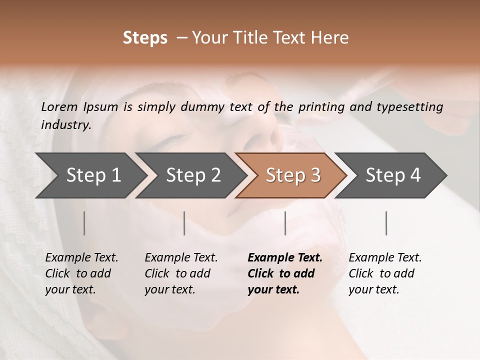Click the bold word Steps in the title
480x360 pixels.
[145, 38]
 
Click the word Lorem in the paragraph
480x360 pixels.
[59, 106]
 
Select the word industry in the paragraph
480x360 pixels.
[65, 125]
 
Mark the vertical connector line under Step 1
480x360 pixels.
[84, 223]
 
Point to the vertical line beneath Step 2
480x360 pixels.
[184, 223]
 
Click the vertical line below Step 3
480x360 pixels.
[285, 223]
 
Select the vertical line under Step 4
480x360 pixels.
[386, 223]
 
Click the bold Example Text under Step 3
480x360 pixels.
[285, 258]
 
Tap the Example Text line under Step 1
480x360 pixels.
[81, 258]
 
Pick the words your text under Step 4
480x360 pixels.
[373, 290]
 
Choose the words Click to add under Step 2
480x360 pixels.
[177, 274]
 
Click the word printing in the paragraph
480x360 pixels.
[320, 106]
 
